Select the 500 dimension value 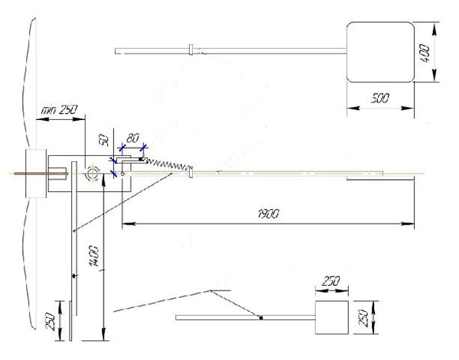click(x=379, y=99)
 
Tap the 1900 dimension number click(x=269, y=214)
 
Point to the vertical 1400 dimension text click(x=94, y=256)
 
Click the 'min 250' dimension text click(x=59, y=110)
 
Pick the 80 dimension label click(x=133, y=138)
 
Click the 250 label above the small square click(x=330, y=281)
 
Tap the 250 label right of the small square click(x=363, y=318)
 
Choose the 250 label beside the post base click(x=50, y=321)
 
